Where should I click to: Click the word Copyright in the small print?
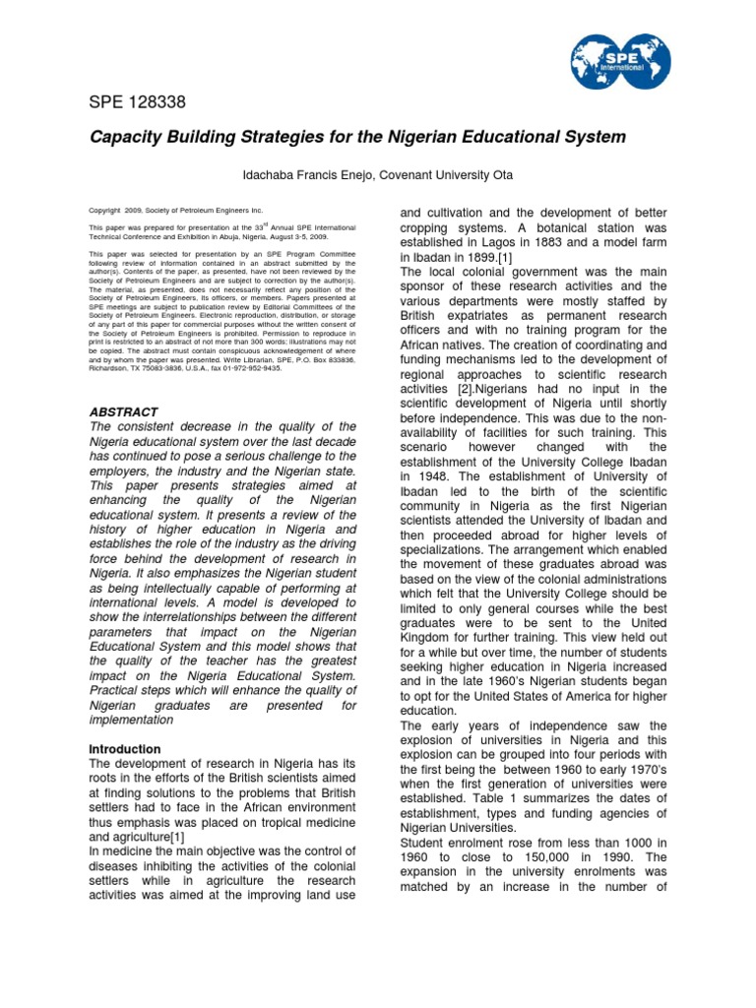click(x=109, y=211)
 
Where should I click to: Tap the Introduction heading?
click(x=125, y=749)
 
